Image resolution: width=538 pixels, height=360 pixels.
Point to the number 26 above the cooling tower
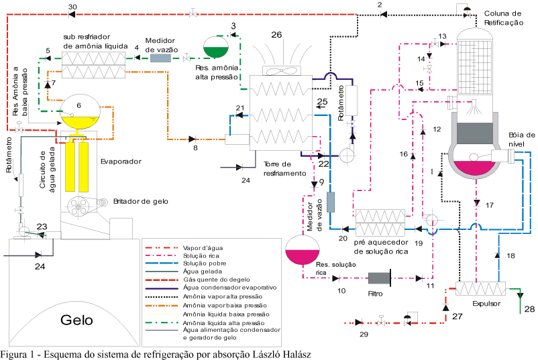(x=276, y=34)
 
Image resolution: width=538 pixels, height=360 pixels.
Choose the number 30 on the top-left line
(x=73, y=7)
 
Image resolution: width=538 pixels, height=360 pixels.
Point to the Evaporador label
(x=119, y=162)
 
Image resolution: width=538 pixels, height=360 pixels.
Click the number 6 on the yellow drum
(x=78, y=105)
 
